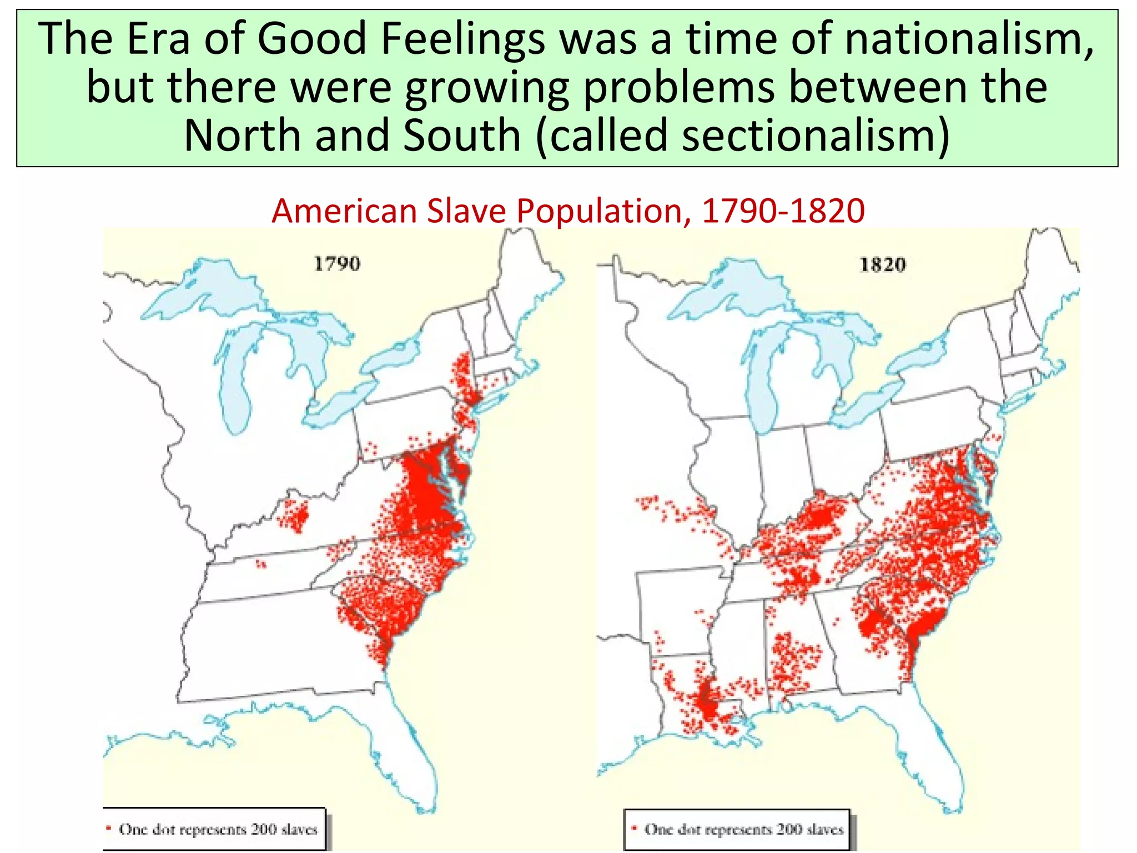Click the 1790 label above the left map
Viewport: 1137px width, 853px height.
(337, 263)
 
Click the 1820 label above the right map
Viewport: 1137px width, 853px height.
(883, 264)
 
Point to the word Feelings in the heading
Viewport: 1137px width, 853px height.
(456, 39)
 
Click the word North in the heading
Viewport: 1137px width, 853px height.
(242, 136)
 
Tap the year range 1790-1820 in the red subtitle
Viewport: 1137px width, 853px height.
(783, 211)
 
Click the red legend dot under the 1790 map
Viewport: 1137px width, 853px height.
(109, 828)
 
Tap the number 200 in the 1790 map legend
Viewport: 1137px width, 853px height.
(263, 829)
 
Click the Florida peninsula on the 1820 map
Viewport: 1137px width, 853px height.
(938, 761)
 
